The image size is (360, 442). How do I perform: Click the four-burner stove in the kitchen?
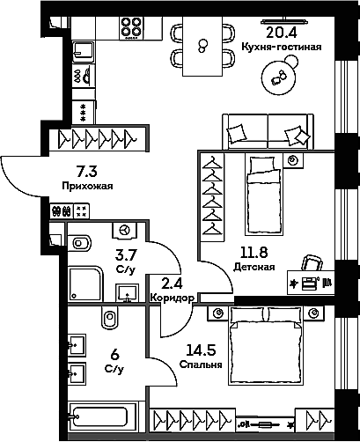click(131, 28)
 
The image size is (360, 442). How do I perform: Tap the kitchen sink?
click(84, 52)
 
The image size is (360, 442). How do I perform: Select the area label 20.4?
click(282, 33)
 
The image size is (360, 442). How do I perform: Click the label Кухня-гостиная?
click(282, 47)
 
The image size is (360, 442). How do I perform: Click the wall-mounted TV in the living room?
click(284, 21)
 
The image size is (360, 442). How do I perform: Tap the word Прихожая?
click(87, 186)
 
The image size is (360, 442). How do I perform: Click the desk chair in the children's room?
click(312, 262)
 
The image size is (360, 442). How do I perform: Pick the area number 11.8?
click(254, 252)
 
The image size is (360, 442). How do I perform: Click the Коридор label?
click(172, 298)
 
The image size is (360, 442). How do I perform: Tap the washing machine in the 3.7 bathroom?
click(125, 230)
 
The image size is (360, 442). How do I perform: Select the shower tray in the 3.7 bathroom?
click(85, 284)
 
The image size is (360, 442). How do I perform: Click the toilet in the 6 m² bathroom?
click(110, 317)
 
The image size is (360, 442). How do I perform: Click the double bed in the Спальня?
click(266, 345)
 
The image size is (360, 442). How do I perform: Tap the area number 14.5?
click(202, 350)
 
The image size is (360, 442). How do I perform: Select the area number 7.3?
click(86, 172)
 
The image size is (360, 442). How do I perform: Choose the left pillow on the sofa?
click(236, 134)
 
